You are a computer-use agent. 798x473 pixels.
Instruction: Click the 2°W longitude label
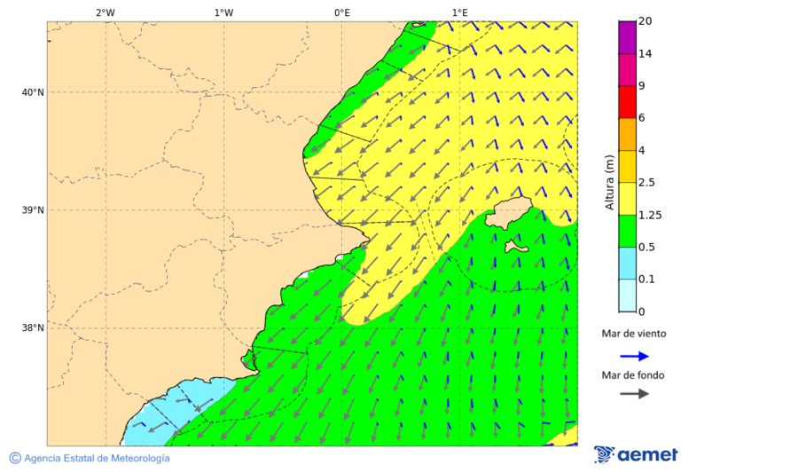[105, 12]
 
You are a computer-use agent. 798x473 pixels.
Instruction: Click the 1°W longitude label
[223, 12]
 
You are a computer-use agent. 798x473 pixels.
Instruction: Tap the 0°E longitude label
[341, 12]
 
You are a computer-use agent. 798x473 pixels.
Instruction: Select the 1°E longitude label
[459, 12]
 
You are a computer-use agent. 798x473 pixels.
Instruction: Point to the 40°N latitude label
[32, 92]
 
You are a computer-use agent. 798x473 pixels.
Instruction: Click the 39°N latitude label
[32, 210]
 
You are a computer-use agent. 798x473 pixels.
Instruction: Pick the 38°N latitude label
[32, 328]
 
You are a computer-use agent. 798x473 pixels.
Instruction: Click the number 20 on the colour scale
[645, 21]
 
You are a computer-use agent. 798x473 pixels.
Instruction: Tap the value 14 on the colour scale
[645, 54]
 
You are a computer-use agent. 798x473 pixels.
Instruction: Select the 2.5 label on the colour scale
[648, 183]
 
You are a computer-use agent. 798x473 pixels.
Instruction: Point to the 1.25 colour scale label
[651, 215]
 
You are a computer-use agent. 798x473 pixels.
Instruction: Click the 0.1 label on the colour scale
[648, 280]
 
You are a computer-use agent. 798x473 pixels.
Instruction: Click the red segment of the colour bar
[627, 102]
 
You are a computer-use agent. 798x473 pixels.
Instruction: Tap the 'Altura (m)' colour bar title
[609, 182]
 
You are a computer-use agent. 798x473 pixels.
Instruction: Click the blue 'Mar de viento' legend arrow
[634, 356]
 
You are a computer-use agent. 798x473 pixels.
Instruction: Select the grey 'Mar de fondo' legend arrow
[634, 394]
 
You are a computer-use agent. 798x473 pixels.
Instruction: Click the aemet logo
[636, 454]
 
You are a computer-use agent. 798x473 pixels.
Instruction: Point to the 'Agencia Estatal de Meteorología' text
[96, 458]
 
